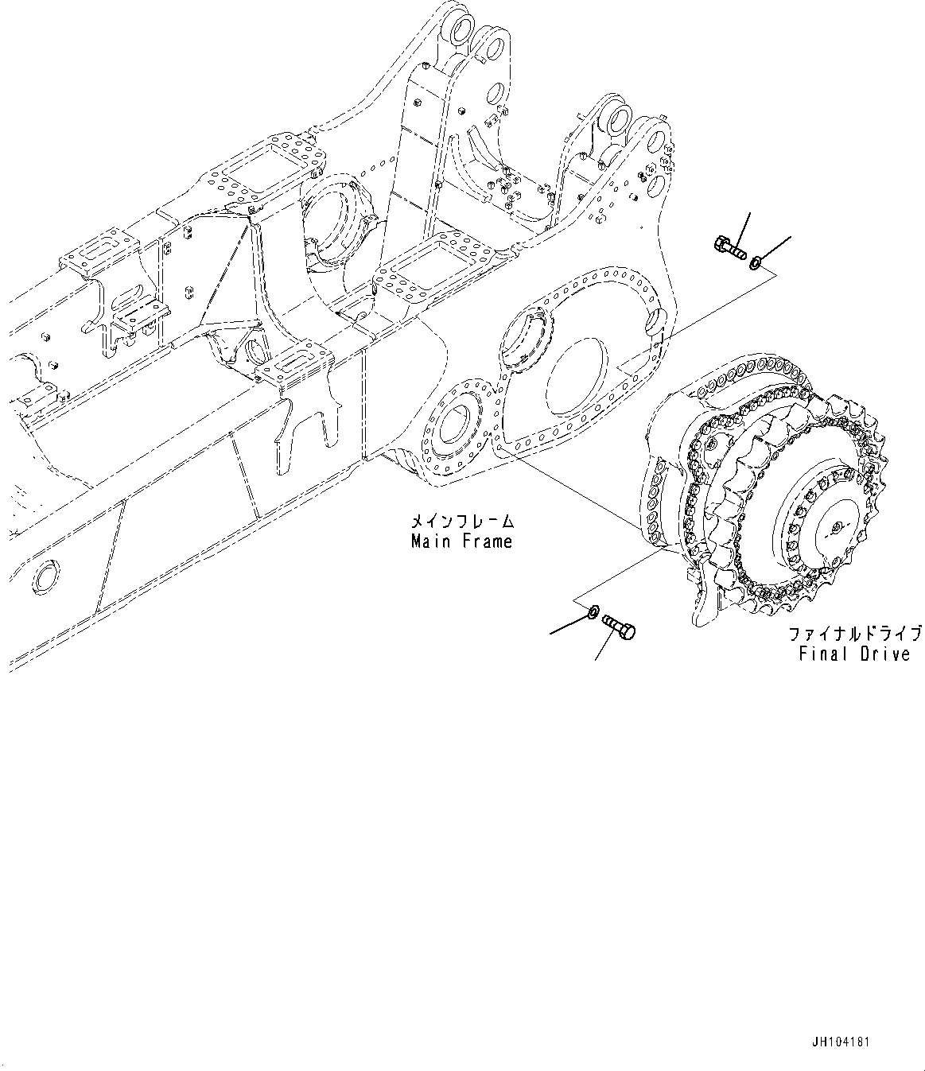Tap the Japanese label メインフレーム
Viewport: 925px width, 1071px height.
(461, 522)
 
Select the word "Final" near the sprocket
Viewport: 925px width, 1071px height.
(819, 654)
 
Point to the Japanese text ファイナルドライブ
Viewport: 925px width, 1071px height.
(855, 634)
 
